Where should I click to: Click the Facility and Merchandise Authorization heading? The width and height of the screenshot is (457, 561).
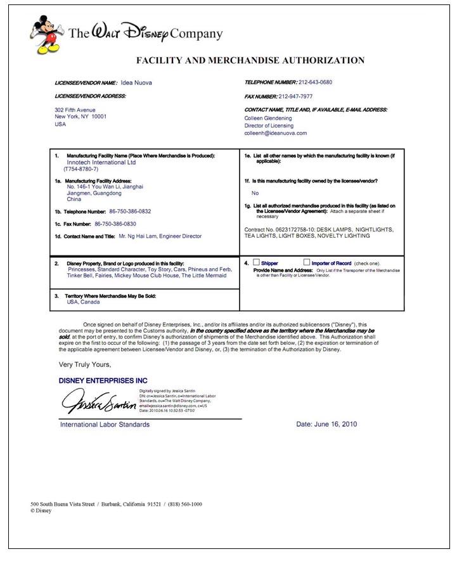tap(250, 61)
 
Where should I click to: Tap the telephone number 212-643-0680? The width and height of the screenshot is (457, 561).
tap(315, 82)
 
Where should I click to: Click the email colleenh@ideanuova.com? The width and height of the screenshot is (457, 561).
tap(275, 133)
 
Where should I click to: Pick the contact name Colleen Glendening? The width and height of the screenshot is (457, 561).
tap(269, 118)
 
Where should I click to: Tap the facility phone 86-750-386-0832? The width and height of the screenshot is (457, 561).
tap(123, 211)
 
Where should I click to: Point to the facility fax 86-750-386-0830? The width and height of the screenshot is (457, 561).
tap(115, 224)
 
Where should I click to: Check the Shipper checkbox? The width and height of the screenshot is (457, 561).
tap(256, 262)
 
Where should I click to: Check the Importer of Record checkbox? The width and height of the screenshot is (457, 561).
tap(307, 262)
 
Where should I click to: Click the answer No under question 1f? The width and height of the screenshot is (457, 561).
tap(255, 193)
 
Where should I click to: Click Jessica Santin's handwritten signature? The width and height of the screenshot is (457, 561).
tap(98, 401)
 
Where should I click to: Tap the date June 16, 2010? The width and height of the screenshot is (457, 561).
tap(326, 424)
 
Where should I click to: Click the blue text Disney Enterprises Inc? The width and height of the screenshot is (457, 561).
tap(103, 380)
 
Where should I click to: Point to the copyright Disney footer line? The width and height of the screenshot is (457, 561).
tap(41, 510)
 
